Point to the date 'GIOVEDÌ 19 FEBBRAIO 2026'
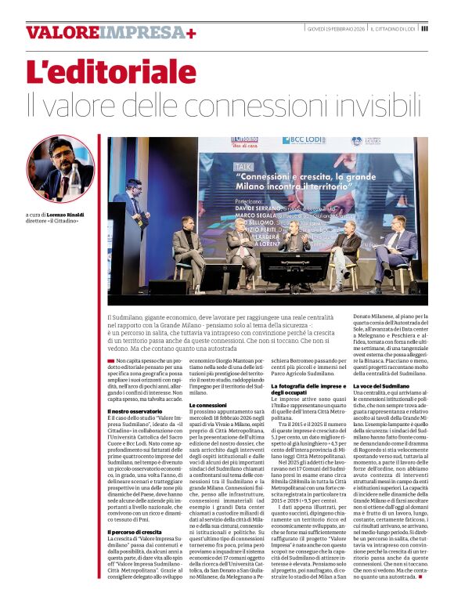336,28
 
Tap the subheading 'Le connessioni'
209,404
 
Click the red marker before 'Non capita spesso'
110,360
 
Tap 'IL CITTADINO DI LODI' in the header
395,28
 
